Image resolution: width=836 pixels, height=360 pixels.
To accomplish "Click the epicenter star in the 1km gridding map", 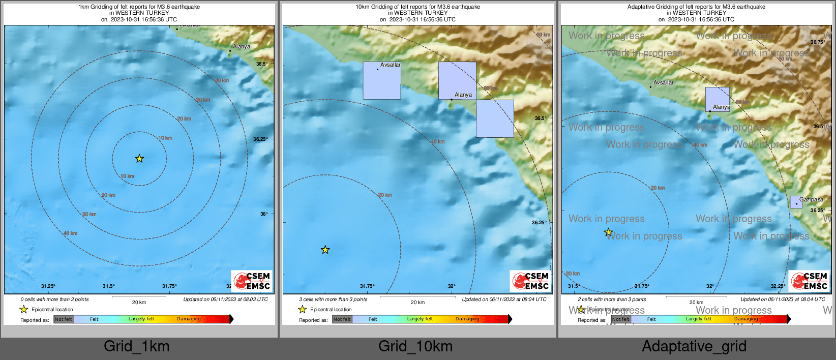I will point(139,159).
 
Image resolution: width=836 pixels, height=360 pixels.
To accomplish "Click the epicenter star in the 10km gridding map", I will point(325,250).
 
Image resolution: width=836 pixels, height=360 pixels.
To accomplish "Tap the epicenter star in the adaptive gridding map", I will point(608,232).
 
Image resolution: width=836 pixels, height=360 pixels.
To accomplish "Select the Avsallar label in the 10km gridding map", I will point(391,65).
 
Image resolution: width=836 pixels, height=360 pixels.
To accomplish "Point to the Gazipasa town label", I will point(811,199).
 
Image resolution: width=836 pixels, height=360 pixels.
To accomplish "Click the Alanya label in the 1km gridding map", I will point(242,46).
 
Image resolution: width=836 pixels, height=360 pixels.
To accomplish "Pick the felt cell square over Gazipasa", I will point(796,202).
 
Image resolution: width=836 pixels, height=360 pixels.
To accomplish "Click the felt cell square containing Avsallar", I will point(381,80).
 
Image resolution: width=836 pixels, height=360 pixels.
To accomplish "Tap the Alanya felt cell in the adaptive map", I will point(717,99).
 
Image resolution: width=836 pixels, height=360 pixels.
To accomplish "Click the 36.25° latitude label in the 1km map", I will point(260,139).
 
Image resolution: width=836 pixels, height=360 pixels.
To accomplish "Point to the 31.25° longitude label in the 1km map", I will point(48,286).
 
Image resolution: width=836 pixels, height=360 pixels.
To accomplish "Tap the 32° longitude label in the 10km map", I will point(452,286).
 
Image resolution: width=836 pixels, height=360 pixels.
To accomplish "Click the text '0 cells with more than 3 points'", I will point(54,299).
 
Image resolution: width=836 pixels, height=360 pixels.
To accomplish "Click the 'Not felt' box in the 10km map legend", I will point(342,319).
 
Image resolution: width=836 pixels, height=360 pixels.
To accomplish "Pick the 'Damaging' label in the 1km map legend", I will point(189,319).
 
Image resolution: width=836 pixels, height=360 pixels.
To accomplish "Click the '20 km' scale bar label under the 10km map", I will point(417,303).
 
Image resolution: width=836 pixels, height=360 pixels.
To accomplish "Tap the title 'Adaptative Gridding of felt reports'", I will point(696,7).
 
